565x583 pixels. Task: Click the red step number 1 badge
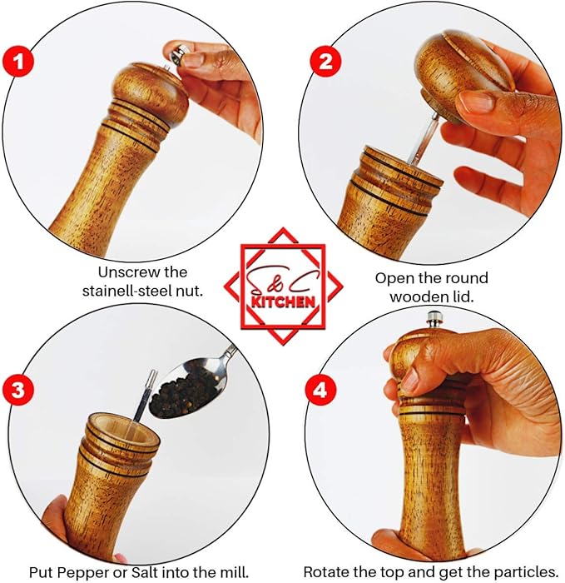point(18,62)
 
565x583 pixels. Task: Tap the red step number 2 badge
point(326,62)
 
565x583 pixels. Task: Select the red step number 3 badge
point(18,390)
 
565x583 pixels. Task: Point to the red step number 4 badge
point(320,391)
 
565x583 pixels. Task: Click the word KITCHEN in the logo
point(284,301)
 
